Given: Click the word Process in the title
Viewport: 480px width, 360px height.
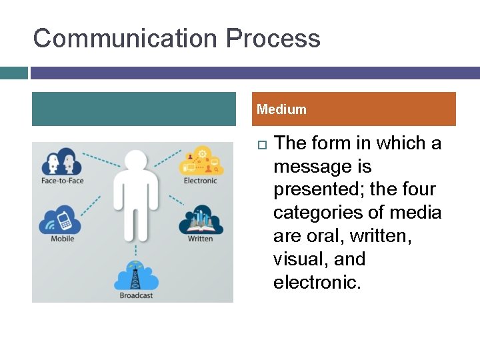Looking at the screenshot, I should pos(273,39).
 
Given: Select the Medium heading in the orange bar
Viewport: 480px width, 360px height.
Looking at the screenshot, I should pos(281,109).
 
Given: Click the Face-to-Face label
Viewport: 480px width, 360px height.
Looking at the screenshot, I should pos(62,181).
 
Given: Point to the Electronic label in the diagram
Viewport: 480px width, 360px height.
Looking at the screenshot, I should pos(200,181).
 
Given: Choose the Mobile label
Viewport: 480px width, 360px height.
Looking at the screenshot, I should pos(63,239).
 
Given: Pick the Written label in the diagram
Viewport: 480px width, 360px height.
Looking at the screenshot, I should pos(200,239).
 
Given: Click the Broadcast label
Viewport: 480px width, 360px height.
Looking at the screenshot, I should pos(136,295).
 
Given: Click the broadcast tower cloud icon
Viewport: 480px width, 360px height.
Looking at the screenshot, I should pos(136,275).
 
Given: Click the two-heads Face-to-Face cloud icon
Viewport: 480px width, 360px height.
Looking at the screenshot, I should pos(61,162).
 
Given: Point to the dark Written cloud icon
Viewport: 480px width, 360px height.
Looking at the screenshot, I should pos(200,221).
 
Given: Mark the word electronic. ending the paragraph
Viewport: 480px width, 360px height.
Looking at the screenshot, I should pos(317,282).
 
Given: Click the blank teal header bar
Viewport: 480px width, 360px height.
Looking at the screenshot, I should pos(133,109).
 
